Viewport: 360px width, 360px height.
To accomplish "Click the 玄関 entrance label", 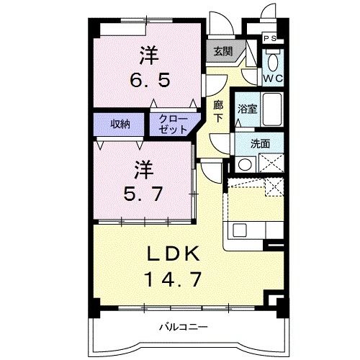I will tap(222, 51).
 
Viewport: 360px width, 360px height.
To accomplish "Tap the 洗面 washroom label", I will tap(260, 143).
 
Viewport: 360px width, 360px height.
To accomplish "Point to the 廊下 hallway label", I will tap(218, 111).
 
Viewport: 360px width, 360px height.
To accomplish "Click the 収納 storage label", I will tap(120, 123).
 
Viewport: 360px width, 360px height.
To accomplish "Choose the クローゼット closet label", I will tap(171, 123).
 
